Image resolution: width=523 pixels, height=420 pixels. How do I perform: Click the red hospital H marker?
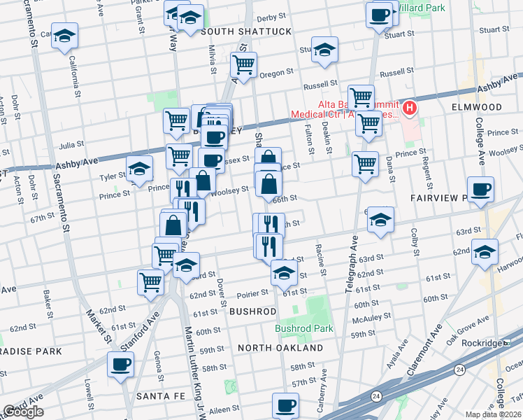(410, 108)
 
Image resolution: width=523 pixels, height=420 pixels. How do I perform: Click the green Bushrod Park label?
(303, 328)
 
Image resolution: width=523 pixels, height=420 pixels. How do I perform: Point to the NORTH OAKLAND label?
(280, 348)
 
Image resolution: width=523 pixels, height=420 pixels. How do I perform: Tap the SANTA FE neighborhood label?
(160, 396)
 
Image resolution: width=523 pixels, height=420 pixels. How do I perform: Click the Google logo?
(23, 412)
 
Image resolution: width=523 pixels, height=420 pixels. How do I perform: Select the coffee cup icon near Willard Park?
(380, 15)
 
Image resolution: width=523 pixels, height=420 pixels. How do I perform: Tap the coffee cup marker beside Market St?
(121, 365)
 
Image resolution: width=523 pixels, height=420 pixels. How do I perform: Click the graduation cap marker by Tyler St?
(139, 169)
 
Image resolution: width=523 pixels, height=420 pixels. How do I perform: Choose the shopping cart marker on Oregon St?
(244, 65)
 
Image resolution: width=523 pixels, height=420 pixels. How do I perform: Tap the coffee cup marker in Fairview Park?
(481, 190)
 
